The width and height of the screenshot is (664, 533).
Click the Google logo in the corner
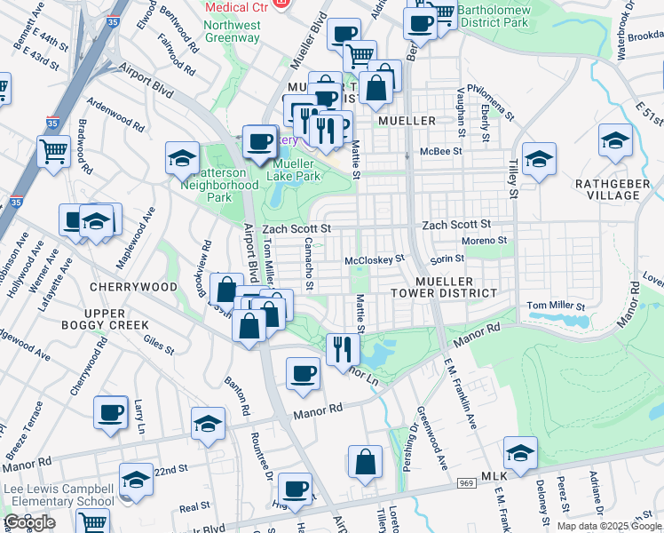tap(29, 522)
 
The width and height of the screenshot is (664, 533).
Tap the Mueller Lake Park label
tap(295, 170)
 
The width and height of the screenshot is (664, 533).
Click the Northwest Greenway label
tap(232, 32)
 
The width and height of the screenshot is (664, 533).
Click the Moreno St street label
tap(484, 240)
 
